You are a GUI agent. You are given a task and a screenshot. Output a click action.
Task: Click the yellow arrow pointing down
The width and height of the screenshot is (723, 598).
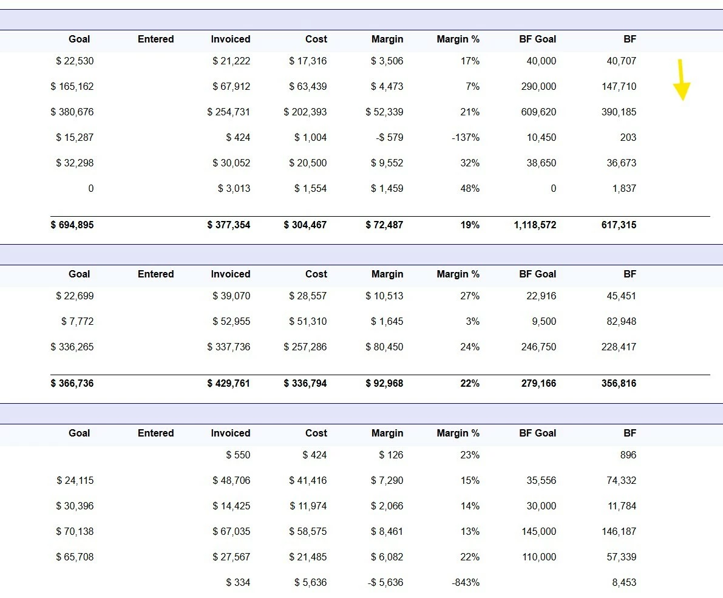[681, 80]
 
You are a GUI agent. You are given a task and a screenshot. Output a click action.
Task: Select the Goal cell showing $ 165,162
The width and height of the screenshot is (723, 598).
[72, 86]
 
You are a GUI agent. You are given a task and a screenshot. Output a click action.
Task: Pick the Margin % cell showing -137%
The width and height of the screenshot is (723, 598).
[466, 137]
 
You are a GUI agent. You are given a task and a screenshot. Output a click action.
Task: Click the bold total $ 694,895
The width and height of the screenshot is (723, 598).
[72, 225]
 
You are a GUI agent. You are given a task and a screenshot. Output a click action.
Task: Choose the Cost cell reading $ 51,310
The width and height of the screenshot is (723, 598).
[308, 321]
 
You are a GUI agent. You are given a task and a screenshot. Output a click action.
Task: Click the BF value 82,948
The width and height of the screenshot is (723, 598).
[621, 321]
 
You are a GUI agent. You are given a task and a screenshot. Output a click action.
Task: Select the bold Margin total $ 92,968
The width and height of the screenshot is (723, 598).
[384, 383]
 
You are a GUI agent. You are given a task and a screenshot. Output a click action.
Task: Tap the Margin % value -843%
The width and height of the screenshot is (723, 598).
[466, 582]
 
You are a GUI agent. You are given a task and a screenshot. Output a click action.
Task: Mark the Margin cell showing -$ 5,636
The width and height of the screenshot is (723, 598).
[385, 582]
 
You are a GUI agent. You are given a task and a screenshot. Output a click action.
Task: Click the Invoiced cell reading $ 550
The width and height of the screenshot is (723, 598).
[238, 455]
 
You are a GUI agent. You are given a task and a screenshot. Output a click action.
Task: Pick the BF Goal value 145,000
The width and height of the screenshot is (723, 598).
[538, 531]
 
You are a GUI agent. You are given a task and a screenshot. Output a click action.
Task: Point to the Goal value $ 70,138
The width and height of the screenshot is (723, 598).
[75, 531]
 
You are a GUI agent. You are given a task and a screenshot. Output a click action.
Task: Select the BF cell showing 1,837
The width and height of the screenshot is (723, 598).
[624, 188]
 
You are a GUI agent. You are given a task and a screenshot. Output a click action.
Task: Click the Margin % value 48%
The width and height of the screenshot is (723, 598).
[470, 188]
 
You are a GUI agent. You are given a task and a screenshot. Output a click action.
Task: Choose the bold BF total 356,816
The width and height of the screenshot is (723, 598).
[619, 383]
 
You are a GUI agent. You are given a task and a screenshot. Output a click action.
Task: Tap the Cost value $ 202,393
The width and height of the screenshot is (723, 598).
[305, 112]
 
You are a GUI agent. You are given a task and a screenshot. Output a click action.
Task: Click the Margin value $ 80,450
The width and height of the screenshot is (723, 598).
[384, 347]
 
